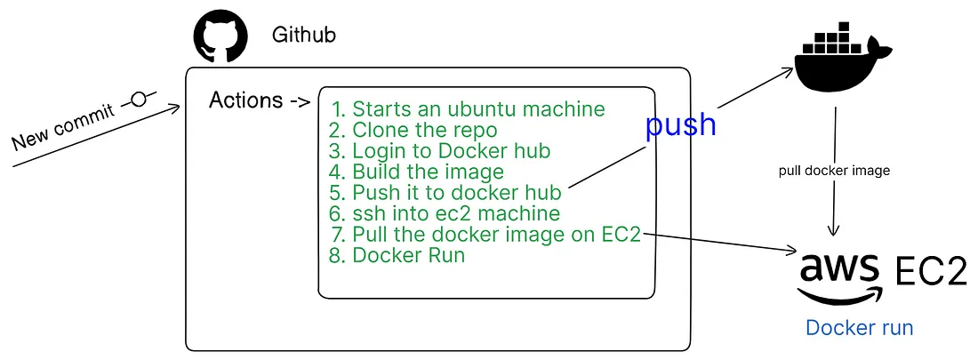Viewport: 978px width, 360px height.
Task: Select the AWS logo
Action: (x=839, y=276)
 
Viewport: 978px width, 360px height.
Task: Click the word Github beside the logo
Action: (x=304, y=36)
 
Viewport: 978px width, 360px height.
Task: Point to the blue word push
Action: (x=680, y=124)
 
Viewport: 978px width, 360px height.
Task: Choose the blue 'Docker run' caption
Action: (x=859, y=328)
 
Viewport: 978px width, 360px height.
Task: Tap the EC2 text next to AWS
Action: (x=930, y=272)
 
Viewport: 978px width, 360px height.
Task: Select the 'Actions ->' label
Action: (x=259, y=100)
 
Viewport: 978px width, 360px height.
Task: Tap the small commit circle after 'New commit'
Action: (x=138, y=98)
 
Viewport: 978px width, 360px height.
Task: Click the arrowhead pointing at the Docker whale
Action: (x=790, y=69)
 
